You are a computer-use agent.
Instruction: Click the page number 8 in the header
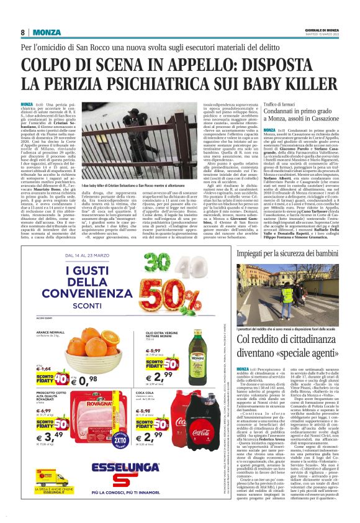coord(23,32)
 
